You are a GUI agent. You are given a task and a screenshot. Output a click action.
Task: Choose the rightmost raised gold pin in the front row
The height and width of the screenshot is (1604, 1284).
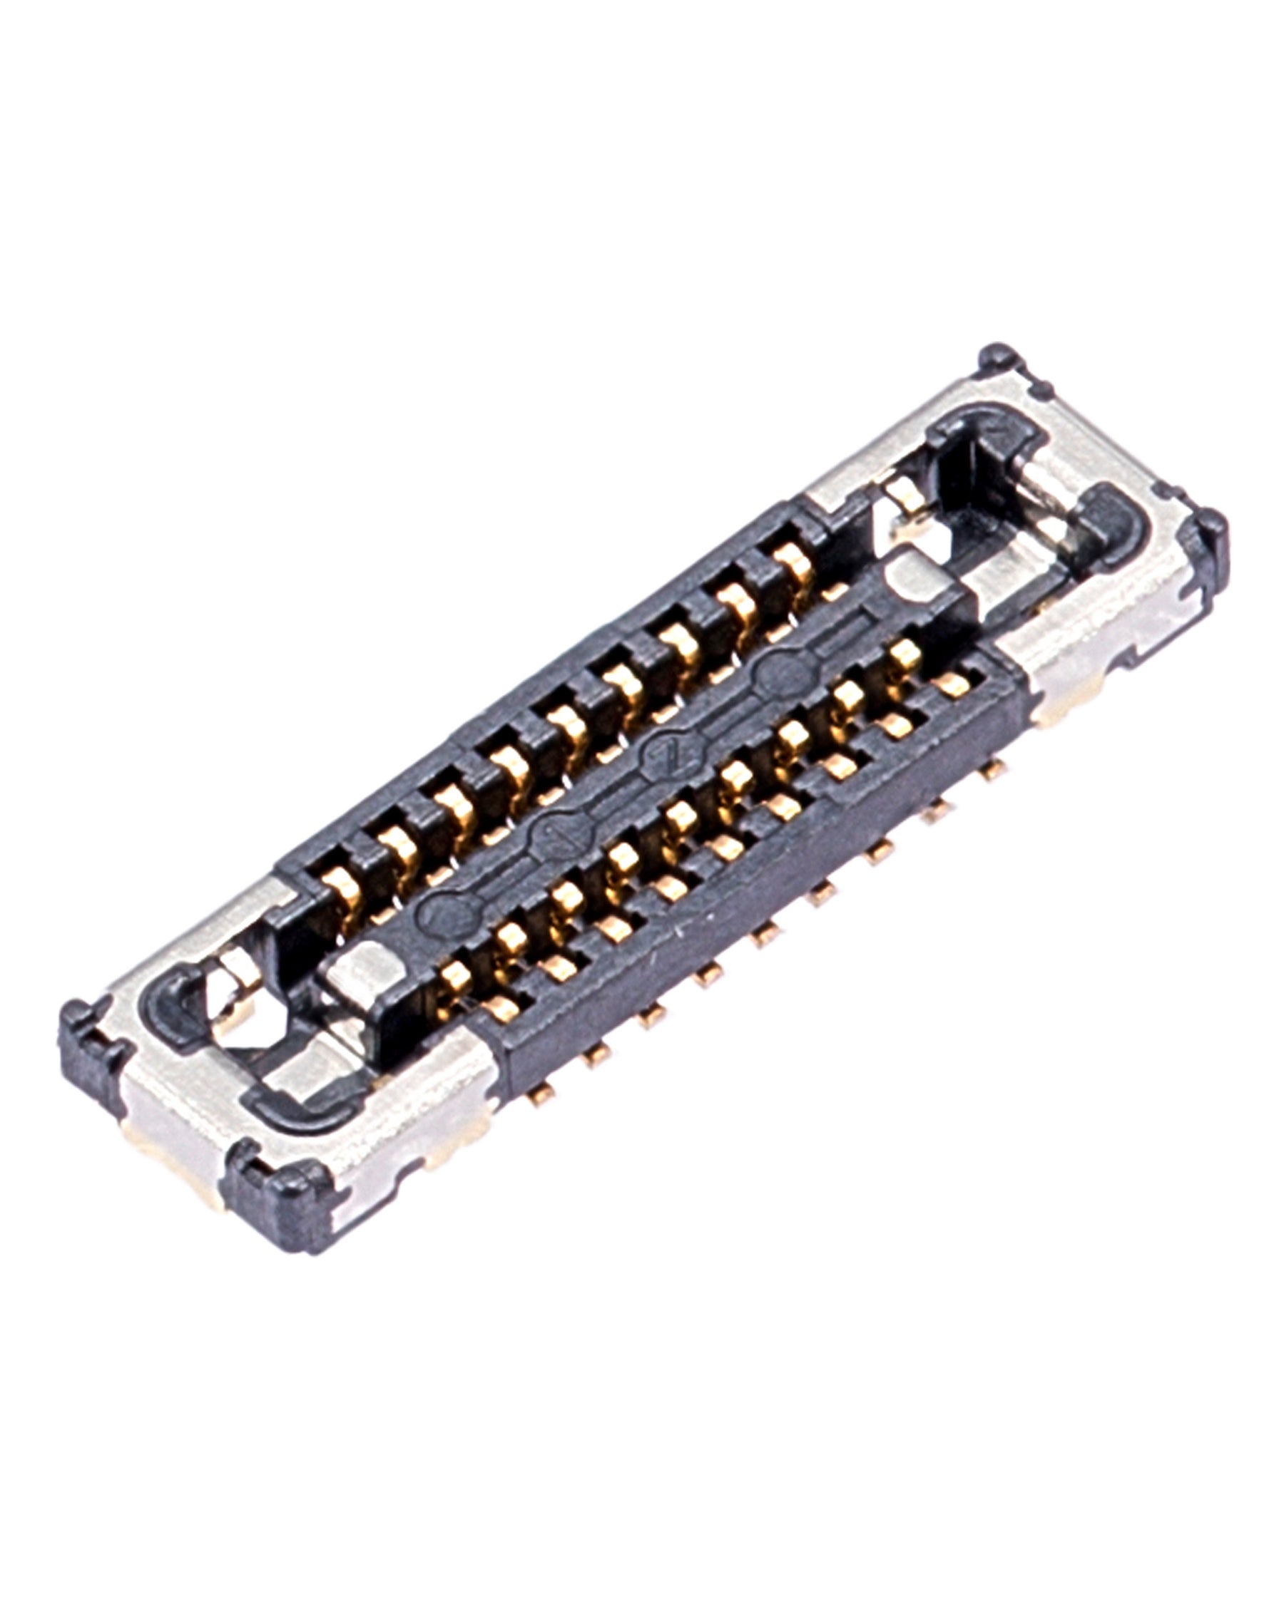click(905, 655)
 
